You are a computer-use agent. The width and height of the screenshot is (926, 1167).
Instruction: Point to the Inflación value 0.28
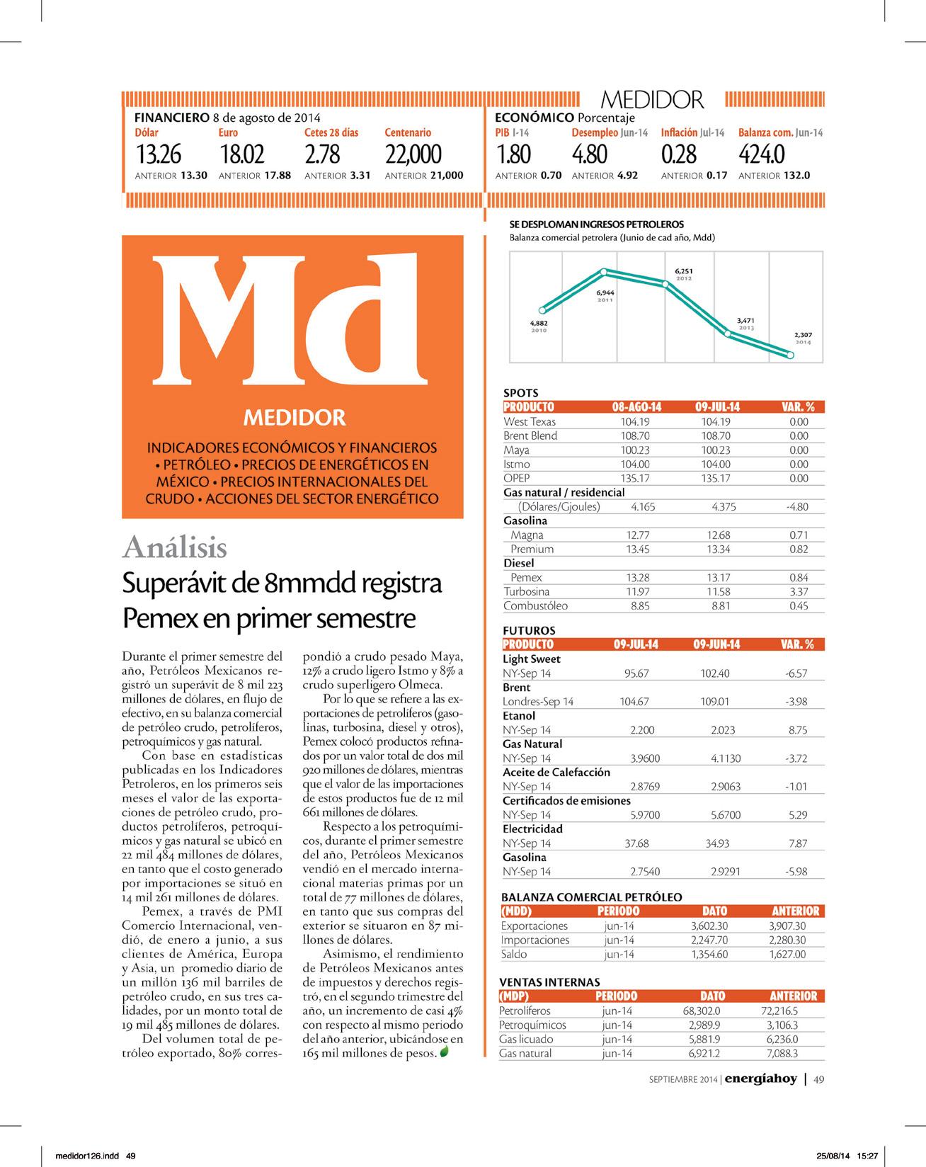678,154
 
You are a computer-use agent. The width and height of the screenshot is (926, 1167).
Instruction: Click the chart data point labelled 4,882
542,309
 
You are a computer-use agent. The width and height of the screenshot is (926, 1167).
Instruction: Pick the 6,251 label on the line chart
683,271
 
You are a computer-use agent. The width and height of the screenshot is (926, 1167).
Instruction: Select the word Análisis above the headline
175,547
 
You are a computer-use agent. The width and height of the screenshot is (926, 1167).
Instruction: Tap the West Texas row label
530,421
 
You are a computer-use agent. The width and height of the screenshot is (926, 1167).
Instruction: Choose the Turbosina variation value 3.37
798,591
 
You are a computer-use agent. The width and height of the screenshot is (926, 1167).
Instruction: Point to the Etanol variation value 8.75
796,730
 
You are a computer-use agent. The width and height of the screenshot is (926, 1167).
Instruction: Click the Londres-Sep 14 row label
538,702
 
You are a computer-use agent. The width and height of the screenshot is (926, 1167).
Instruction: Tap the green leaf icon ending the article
445,1053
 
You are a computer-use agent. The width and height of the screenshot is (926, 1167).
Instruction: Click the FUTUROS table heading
529,630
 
